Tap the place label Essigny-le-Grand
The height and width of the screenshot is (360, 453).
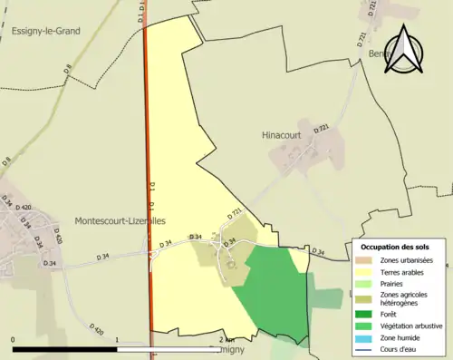[46, 31]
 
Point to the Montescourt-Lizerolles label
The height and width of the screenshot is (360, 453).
[120, 221]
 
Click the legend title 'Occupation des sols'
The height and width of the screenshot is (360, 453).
[397, 248]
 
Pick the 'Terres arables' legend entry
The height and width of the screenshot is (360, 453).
[404, 271]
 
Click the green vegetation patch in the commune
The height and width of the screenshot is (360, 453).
[275, 290]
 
